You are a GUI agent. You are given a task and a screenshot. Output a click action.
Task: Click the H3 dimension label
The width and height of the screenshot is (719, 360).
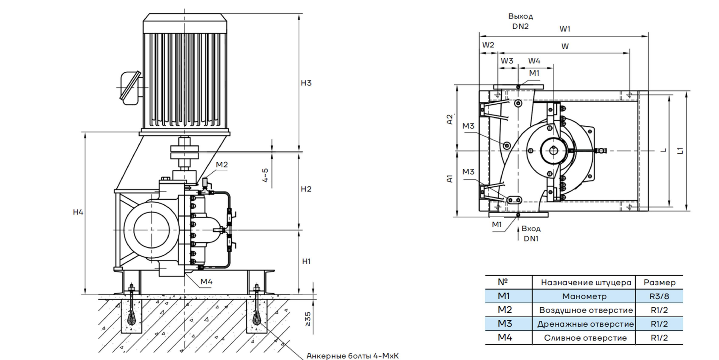coord(306,83)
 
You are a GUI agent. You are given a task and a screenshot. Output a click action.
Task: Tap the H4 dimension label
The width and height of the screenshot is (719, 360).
coord(78,212)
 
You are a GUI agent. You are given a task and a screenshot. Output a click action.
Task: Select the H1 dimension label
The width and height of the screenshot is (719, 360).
coord(306,261)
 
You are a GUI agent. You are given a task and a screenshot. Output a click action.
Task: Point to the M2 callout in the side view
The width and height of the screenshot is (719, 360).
coord(222,164)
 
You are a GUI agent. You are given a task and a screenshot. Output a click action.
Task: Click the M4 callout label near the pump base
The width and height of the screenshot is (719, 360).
coord(207,282)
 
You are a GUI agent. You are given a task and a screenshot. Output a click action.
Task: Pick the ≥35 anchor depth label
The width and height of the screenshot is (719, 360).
coord(308,319)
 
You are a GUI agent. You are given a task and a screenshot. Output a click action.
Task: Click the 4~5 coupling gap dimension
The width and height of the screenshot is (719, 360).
coord(265,175)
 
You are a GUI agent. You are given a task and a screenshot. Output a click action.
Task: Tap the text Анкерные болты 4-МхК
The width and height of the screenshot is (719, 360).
coord(352,356)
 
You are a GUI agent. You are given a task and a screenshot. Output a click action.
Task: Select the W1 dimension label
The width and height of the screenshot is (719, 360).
coord(565,29)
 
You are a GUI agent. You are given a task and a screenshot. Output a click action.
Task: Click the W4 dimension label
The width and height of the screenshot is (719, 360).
coord(534,61)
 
